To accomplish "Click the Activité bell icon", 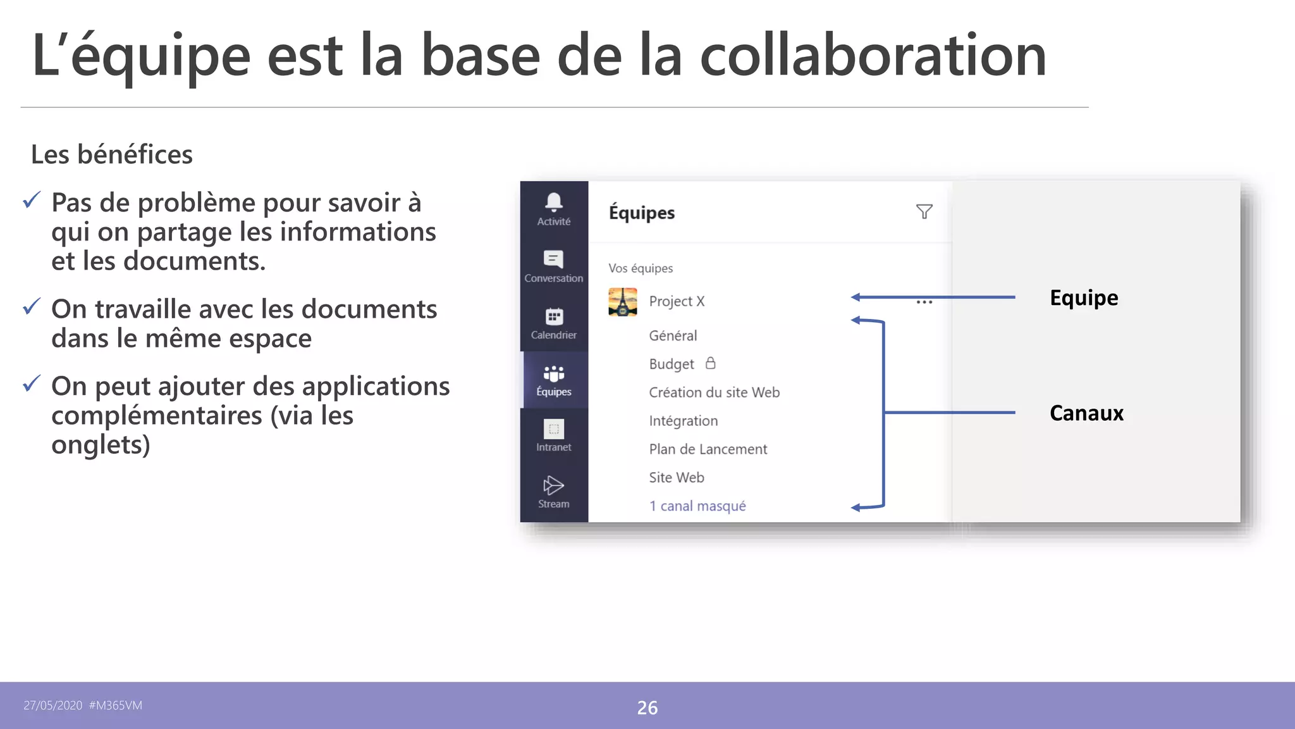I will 554,202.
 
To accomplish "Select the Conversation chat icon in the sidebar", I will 553,259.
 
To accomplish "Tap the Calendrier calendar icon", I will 554,316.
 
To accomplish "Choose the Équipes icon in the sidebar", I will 554,373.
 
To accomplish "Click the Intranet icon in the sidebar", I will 554,429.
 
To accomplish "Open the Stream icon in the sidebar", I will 553,485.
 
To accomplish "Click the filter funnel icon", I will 924,212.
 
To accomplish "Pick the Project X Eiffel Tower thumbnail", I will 623,302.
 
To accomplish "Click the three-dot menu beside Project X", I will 924,302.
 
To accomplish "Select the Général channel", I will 673,335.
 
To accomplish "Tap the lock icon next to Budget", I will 711,363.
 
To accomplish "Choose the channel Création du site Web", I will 714,392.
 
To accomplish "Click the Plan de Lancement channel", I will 708,449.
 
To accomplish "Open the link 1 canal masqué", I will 697,506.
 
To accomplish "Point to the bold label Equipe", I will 1084,298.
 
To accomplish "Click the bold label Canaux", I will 1086,413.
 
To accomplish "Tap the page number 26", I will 647,707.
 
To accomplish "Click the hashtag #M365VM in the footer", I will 116,706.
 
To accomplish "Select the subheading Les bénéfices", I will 112,154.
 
